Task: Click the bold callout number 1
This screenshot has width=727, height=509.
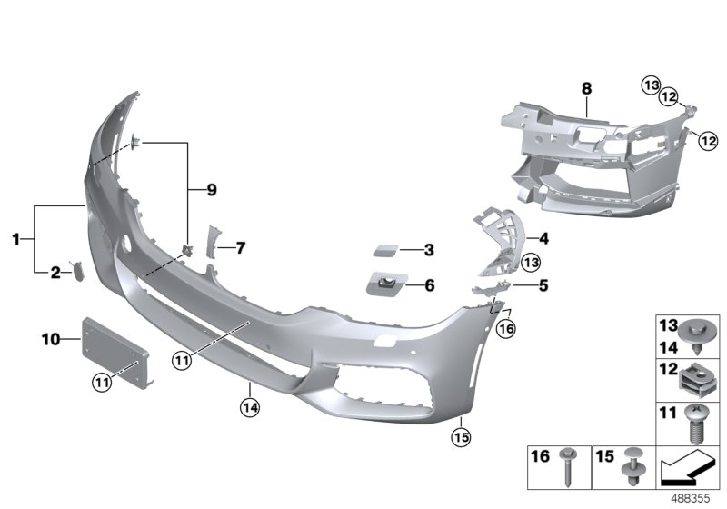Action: coord(15,239)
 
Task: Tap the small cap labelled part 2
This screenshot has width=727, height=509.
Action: coord(78,270)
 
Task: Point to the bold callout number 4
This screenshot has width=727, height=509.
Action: coord(543,239)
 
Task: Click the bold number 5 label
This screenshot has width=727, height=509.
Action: coord(543,284)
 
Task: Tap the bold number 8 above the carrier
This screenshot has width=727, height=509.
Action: coord(586,88)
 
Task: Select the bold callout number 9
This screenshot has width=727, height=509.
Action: coord(212,190)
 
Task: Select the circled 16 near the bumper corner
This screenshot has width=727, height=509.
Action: coord(505,327)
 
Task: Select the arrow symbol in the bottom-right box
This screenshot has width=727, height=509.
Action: coord(687,472)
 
